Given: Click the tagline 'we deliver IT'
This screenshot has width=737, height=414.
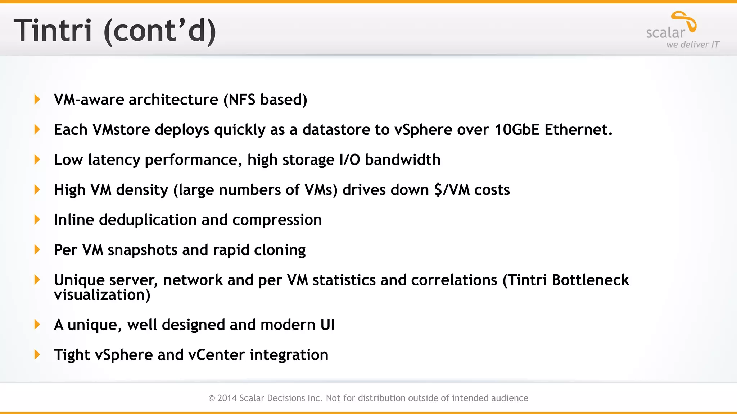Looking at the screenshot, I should (x=692, y=45).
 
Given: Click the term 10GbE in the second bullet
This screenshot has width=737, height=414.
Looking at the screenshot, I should (x=517, y=130).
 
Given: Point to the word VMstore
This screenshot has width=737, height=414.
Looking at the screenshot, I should (x=121, y=130).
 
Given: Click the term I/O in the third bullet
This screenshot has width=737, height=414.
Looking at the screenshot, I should (x=349, y=160).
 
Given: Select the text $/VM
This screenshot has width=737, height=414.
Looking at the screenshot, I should (x=452, y=190).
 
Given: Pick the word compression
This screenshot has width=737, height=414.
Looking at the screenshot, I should (x=277, y=220).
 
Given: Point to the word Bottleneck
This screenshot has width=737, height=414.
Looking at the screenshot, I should (x=590, y=280).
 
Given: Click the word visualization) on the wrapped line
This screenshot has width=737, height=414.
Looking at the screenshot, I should (x=102, y=295).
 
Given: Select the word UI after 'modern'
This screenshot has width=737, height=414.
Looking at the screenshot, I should (x=327, y=325).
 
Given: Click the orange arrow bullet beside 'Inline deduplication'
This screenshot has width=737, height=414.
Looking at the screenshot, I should (x=37, y=220).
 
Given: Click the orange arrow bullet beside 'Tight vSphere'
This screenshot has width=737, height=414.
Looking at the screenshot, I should (x=37, y=355).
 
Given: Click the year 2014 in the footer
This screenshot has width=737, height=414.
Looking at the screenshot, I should (x=227, y=398).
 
